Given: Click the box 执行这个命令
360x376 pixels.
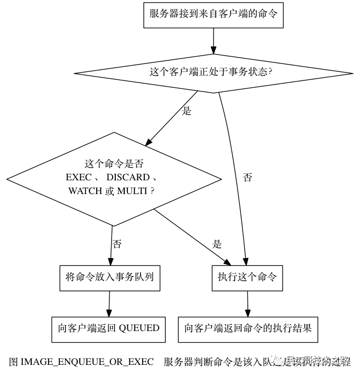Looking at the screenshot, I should (x=247, y=277).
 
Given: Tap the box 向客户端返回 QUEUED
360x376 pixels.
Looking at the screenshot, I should (x=108, y=328).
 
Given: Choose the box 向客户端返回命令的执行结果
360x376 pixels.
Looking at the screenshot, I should (x=248, y=328).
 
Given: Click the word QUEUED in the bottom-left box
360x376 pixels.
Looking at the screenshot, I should (x=139, y=328).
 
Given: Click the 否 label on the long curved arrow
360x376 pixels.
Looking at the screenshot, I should (x=247, y=178).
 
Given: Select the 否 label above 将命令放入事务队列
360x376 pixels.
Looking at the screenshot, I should (x=117, y=244).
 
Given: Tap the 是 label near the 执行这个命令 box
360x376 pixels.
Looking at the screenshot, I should (x=217, y=244).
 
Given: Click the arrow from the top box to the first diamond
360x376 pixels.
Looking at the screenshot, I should (x=213, y=40).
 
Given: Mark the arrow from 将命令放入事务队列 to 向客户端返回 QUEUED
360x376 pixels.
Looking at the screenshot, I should (x=109, y=303).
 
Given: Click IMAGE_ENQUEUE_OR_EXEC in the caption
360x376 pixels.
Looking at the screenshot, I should (x=87, y=362).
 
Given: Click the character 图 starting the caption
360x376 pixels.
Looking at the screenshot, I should (x=14, y=362).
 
